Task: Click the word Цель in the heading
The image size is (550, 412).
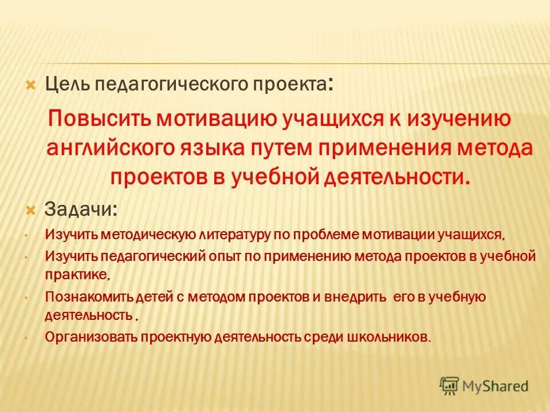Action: click(x=68, y=85)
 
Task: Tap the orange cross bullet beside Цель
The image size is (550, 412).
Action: click(x=32, y=85)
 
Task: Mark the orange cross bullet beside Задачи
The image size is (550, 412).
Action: click(x=32, y=209)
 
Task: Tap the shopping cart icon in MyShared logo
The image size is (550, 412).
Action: click(x=450, y=385)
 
